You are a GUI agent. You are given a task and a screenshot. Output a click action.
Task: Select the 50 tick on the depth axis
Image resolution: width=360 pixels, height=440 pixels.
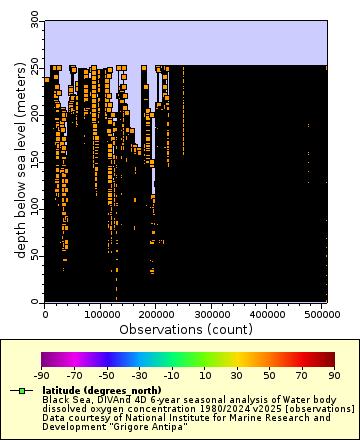pos(36,254)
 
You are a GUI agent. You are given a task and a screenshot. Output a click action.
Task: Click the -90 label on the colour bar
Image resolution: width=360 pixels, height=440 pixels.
pos(42,375)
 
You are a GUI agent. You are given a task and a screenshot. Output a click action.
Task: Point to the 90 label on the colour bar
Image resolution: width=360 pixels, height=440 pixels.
pos(334,375)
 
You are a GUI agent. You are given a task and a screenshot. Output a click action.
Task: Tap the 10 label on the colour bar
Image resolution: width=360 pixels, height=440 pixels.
pos(204,375)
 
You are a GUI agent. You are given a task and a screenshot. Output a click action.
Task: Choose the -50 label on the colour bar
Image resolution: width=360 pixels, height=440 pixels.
pos(107,375)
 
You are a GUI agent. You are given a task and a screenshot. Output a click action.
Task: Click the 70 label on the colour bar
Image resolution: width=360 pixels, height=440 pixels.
pos(302,375)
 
